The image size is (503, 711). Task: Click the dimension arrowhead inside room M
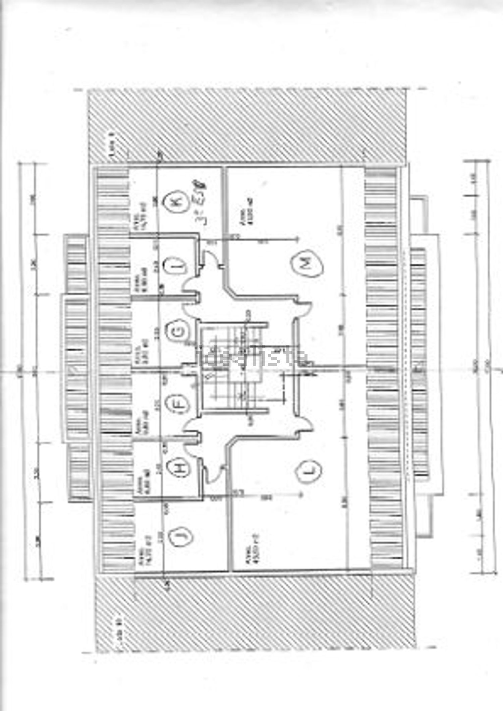click(x=296, y=239)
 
